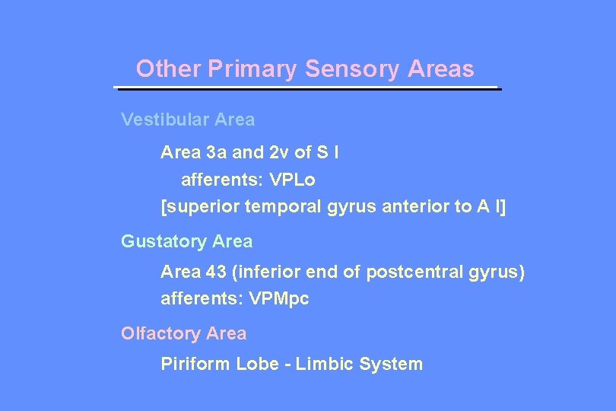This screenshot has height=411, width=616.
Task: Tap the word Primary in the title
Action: [252, 69]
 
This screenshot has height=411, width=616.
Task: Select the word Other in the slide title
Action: [168, 69]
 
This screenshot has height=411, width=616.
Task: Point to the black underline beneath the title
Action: [307, 88]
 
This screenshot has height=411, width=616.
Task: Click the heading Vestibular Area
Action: [188, 119]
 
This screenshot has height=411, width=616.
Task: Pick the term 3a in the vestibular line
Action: [214, 152]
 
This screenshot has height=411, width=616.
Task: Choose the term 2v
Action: [278, 152]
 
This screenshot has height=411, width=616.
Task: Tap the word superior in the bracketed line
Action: [198, 208]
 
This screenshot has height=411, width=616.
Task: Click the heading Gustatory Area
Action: [187, 242]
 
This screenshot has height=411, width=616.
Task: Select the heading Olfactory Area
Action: [183, 333]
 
